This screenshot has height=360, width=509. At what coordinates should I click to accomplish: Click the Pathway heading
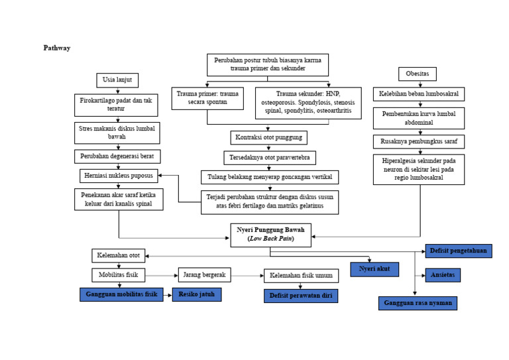(56, 48)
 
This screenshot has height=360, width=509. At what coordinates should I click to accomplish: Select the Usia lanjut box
(117, 80)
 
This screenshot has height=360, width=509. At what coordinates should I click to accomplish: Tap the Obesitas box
(417, 74)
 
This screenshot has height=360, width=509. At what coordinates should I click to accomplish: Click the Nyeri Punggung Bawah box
(270, 235)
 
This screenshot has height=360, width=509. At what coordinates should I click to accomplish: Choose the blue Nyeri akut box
(374, 269)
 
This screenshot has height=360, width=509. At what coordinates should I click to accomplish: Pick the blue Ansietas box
(442, 275)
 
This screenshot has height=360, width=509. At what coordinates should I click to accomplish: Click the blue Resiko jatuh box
(197, 295)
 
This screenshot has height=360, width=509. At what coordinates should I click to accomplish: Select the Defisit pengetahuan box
(458, 251)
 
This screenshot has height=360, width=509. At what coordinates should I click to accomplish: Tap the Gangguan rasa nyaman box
(418, 304)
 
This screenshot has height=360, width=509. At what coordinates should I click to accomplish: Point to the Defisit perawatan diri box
(300, 296)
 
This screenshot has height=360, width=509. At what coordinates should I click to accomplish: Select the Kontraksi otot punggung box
(268, 138)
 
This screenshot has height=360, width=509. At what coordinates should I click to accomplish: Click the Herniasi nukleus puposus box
(119, 176)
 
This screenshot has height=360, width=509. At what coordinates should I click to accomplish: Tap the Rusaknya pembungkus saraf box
(418, 142)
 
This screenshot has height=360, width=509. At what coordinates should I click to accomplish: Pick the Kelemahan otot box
(118, 255)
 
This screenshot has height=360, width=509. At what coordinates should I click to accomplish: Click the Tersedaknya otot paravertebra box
(269, 158)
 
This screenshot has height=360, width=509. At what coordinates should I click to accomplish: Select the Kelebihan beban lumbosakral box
(418, 94)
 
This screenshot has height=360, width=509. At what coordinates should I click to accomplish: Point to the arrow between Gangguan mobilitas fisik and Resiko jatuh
(168, 295)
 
